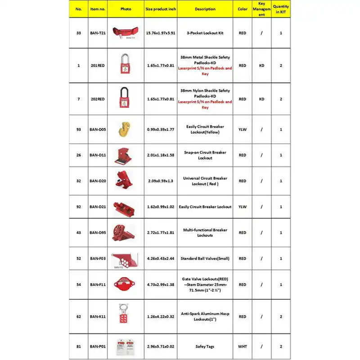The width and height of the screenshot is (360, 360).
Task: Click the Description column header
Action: point(205,9)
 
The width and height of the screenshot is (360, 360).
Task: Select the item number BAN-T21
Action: point(98,33)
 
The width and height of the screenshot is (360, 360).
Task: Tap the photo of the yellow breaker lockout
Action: point(125,129)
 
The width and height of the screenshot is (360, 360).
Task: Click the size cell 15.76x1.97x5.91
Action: point(160,33)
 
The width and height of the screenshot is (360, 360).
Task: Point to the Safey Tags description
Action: point(205,346)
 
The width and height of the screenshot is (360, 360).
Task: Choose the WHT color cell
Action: point(243,346)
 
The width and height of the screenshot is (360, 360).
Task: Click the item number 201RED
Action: point(98,65)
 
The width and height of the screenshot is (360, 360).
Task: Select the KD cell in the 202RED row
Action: point(261,99)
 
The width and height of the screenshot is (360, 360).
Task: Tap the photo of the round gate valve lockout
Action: point(125,284)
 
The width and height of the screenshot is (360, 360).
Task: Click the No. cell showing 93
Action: point(79,129)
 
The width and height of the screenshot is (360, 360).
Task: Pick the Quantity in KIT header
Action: point(281,9)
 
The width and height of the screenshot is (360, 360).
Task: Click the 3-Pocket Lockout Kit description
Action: point(205,33)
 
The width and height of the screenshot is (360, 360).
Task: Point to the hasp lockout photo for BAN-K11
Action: point(125,316)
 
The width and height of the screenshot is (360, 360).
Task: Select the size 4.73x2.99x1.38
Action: point(160,284)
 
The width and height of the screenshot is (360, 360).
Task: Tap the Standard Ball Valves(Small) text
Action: point(205,258)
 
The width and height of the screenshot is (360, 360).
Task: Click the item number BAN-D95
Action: point(98,233)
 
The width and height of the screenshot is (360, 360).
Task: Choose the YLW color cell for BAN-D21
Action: point(243,207)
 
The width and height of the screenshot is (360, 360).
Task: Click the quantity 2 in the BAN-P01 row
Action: point(281,346)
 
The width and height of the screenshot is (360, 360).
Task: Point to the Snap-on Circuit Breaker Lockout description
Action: point(205,155)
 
